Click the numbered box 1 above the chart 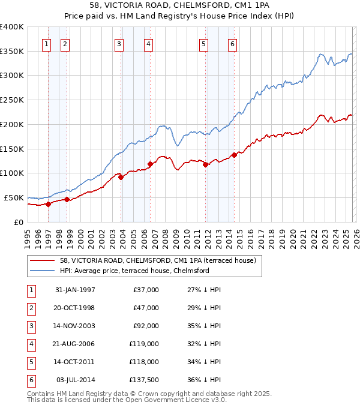[x=47, y=43]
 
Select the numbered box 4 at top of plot [x=148, y=43]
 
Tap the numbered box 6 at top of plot [x=232, y=43]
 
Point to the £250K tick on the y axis [x=12, y=100]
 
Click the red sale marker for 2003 [x=121, y=177]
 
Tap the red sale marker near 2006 [x=150, y=164]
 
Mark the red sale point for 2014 [x=234, y=155]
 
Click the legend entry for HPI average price [x=134, y=271]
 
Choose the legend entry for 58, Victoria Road [x=158, y=260]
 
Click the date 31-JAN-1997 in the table [x=75, y=290]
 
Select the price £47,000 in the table [x=145, y=308]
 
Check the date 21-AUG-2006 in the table [x=75, y=344]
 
